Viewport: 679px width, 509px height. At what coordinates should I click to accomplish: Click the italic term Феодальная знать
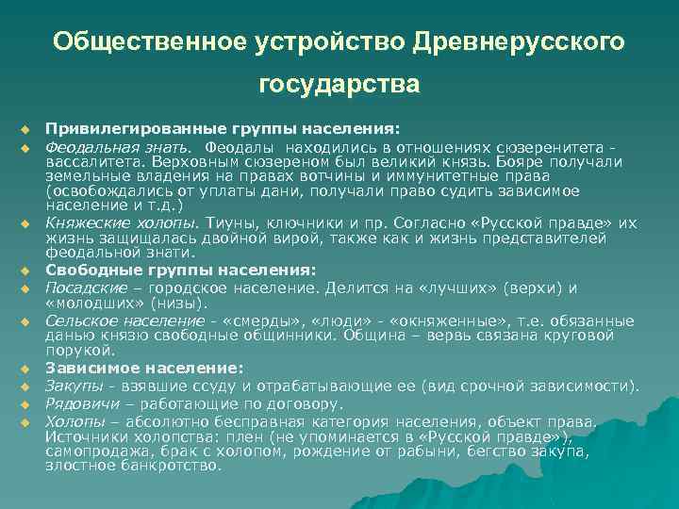[119, 147]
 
